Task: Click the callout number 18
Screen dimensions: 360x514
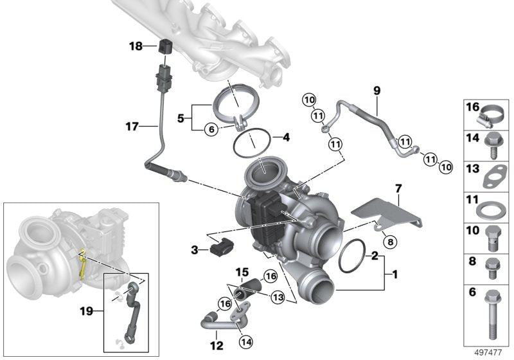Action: point(136,46)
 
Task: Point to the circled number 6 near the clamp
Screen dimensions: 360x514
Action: point(209,129)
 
